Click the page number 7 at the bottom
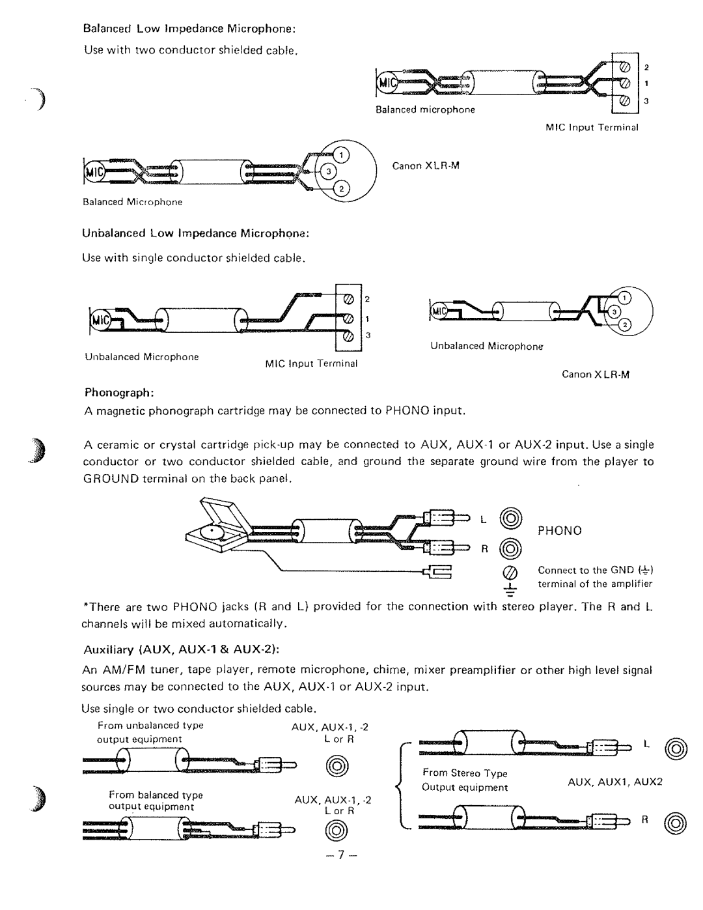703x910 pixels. pyautogui.click(x=341, y=855)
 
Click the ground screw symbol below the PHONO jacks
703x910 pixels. pyautogui.click(x=510, y=573)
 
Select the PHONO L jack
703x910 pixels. pyautogui.click(x=510, y=519)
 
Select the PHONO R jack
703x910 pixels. pyautogui.click(x=510, y=548)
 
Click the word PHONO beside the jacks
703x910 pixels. pyautogui.click(x=560, y=531)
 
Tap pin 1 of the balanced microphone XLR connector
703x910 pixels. pyautogui.click(x=342, y=156)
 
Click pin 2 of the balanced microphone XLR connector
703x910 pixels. pyautogui.click(x=342, y=189)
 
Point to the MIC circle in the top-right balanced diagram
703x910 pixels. pyautogui.click(x=387, y=83)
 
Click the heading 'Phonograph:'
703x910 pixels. pyautogui.click(x=119, y=393)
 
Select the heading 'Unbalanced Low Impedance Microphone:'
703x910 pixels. pyautogui.click(x=195, y=233)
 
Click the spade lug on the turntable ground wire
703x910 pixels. pyautogui.click(x=437, y=572)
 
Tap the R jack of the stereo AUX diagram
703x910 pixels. pyautogui.click(x=676, y=823)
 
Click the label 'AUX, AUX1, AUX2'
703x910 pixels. pyautogui.click(x=614, y=782)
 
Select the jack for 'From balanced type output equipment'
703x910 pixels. pyautogui.click(x=337, y=831)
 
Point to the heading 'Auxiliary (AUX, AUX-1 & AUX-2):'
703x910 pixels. pyautogui.click(x=181, y=650)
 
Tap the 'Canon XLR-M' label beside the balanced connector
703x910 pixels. pyautogui.click(x=426, y=166)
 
